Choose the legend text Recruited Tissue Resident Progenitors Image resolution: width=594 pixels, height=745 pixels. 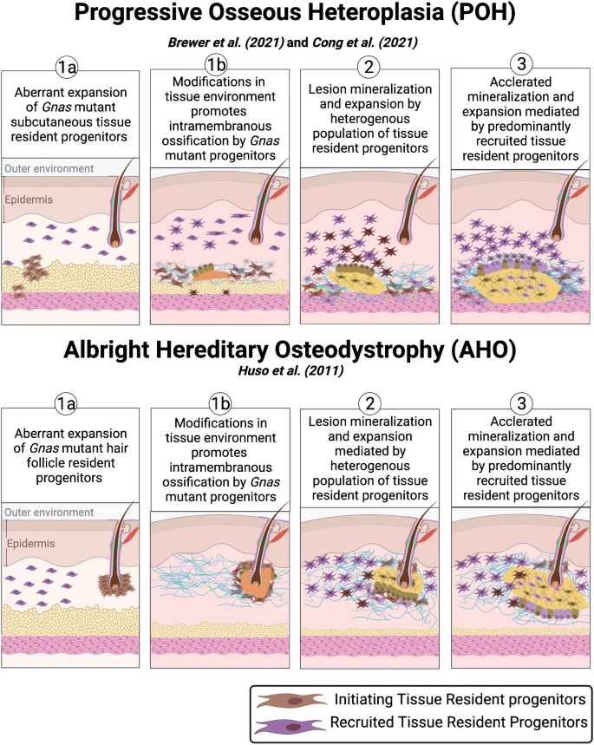[459, 722]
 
